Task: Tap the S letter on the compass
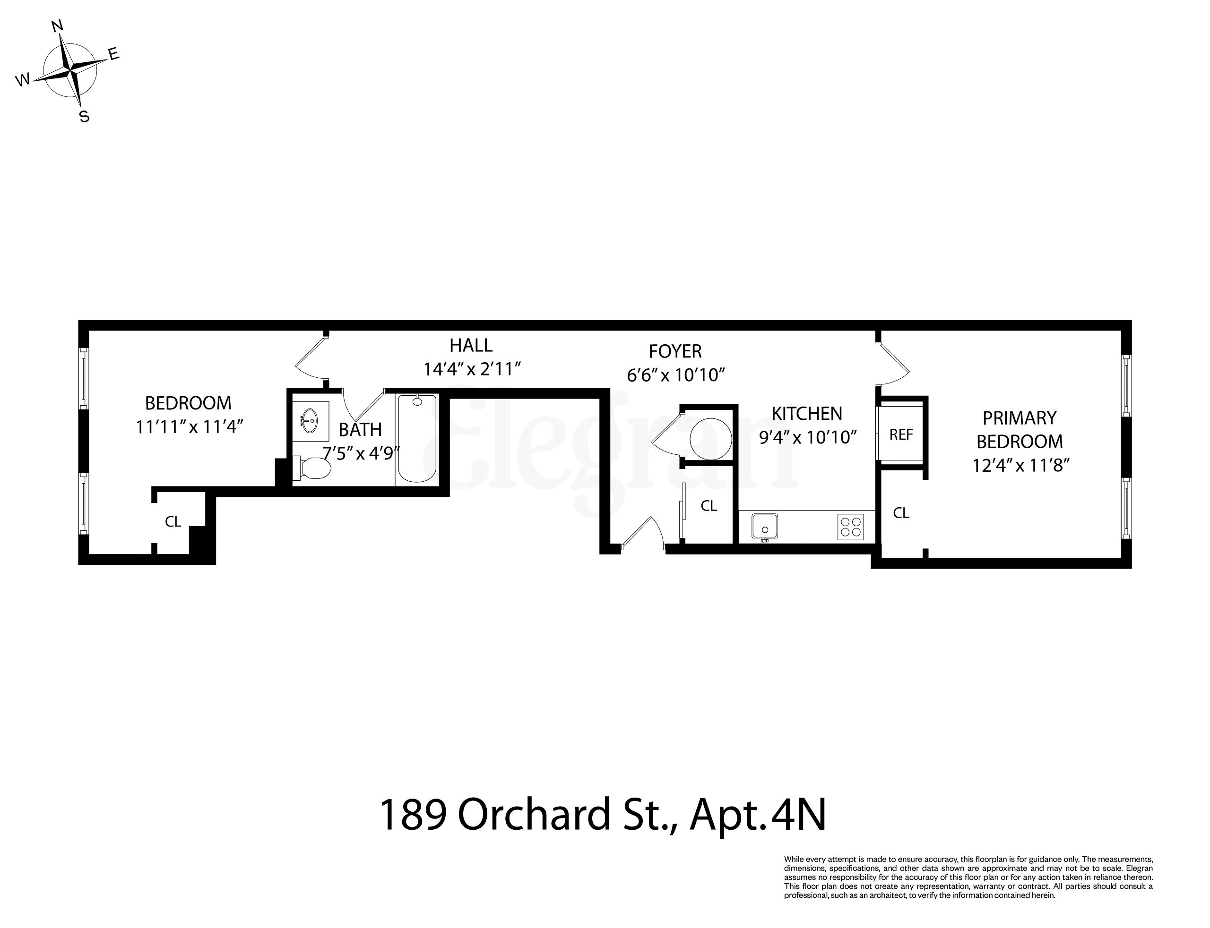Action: pos(84,117)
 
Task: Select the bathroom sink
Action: pos(310,420)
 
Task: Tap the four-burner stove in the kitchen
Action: pos(851,527)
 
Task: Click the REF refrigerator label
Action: pos(900,435)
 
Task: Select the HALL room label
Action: pos(470,346)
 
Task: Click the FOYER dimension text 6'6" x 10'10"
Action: pos(675,375)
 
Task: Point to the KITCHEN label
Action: pos(806,414)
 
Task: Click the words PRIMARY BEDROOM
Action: pos(1020,430)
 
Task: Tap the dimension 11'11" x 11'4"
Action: pos(190,427)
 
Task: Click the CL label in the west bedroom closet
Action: pos(173,522)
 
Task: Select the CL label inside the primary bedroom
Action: pos(901,513)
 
